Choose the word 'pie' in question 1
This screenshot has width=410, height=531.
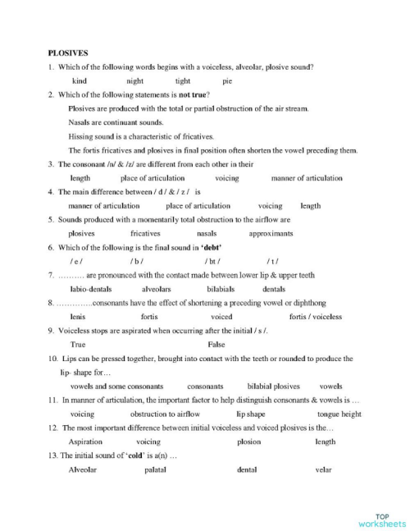point(227,81)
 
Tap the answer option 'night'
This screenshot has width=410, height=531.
point(134,81)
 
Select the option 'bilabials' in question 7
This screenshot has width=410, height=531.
point(221,289)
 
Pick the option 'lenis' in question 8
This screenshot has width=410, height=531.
point(79,317)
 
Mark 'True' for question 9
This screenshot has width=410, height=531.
point(79,345)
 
